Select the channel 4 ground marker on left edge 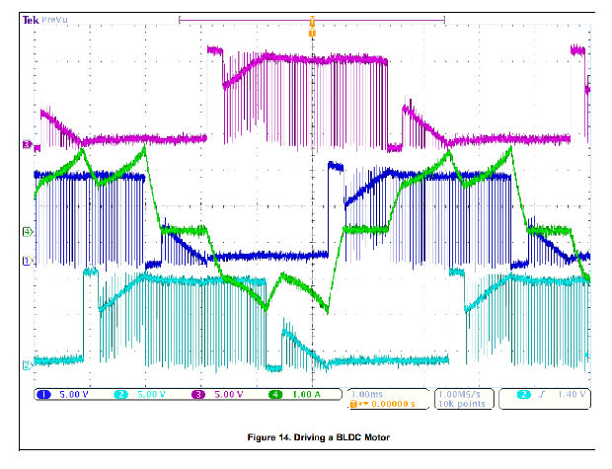28,232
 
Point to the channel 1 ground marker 28,261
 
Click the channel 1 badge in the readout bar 44,394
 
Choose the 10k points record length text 457,403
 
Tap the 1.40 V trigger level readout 572,394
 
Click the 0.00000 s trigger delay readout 379,403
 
